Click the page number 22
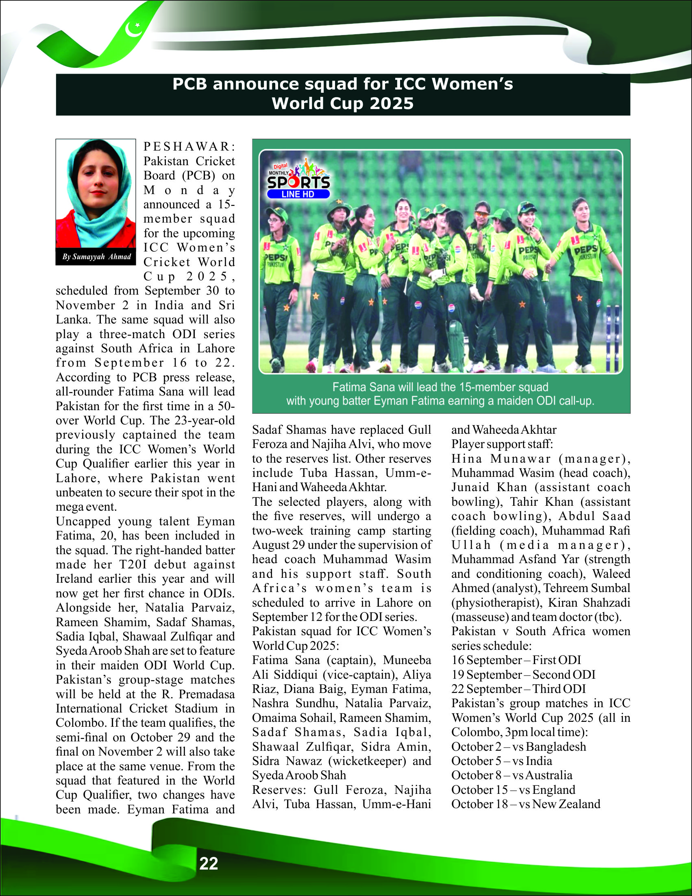(x=208, y=863)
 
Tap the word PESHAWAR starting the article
(x=189, y=146)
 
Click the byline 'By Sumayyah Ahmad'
(x=96, y=257)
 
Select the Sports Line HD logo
(x=299, y=179)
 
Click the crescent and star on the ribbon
(x=134, y=29)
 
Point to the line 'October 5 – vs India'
(x=501, y=761)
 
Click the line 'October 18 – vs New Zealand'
(x=526, y=804)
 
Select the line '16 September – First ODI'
(x=516, y=660)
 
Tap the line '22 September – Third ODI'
(x=518, y=689)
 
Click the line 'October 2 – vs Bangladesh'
(x=518, y=747)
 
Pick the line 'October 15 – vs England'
(x=513, y=790)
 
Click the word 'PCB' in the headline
(x=190, y=84)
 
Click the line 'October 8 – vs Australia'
(x=511, y=776)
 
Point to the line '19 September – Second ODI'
(x=523, y=675)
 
